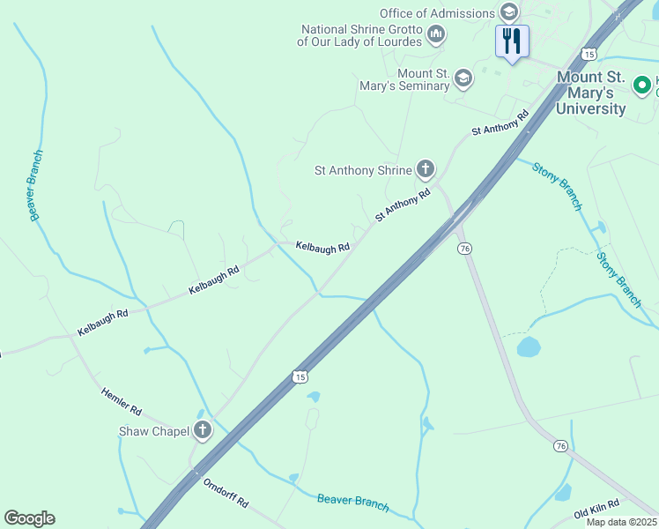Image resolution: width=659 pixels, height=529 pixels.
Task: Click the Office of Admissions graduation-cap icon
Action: [508, 12]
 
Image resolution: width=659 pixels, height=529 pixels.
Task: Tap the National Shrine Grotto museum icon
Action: [435, 34]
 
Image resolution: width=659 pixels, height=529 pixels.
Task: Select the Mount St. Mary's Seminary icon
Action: [463, 79]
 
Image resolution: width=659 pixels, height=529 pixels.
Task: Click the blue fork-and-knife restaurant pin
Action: [512, 40]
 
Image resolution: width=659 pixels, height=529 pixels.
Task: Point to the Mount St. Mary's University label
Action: [591, 93]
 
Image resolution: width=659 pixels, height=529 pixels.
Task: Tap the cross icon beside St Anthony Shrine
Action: [426, 168]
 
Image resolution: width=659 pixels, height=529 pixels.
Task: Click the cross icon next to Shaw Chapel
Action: [204, 430]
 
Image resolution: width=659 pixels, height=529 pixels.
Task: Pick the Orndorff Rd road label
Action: [226, 493]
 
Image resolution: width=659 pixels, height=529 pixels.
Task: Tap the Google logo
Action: [29, 518]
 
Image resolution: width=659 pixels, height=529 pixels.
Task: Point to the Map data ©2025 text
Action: [620, 522]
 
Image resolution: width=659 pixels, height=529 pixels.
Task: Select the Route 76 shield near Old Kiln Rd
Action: [560, 447]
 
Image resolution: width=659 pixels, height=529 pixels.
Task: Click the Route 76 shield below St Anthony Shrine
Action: [464, 249]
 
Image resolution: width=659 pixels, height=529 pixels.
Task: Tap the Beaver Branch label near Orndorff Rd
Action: [352, 502]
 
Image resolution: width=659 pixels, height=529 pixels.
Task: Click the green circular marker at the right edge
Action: [644, 86]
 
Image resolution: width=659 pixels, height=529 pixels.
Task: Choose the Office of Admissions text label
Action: [437, 13]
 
